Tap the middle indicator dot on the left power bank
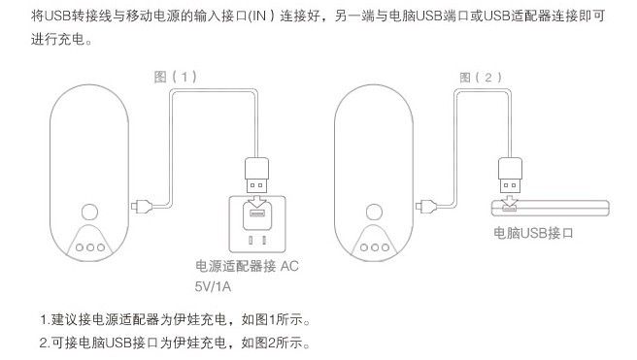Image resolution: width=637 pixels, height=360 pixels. tap(89, 246)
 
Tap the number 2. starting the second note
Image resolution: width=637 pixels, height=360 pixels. tap(45, 343)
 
